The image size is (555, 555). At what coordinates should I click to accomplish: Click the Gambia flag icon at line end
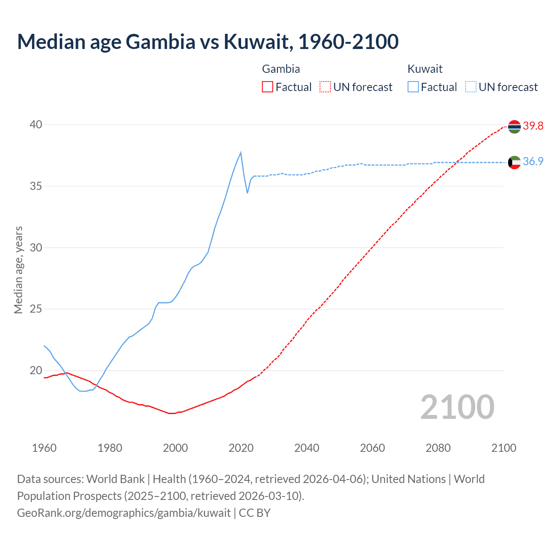[x=514, y=127]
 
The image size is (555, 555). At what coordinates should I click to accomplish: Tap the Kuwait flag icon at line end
[x=514, y=162]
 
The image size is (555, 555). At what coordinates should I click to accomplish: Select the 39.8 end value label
[x=533, y=126]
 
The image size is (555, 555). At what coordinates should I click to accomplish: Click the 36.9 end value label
[x=533, y=162]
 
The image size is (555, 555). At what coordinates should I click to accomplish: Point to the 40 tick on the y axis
[x=36, y=125]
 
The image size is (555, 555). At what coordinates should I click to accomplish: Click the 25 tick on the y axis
[x=36, y=309]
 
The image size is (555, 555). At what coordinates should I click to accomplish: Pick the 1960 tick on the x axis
[x=44, y=448]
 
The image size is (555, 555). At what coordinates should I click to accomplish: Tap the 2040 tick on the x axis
[x=307, y=448]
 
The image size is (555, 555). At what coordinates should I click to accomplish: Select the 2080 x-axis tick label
[x=438, y=448]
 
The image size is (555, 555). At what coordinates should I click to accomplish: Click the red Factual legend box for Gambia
[x=268, y=87]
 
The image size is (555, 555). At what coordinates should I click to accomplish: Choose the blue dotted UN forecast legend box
[x=471, y=87]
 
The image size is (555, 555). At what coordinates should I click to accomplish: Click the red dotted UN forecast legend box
[x=325, y=87]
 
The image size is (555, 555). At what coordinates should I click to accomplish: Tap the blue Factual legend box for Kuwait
[x=413, y=87]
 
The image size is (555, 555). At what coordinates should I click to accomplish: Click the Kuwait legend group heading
[x=425, y=69]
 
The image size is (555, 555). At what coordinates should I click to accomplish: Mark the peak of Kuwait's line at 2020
[x=241, y=153]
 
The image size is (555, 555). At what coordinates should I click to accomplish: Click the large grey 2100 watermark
[x=457, y=407]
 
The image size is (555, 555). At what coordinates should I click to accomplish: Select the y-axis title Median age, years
[x=18, y=270]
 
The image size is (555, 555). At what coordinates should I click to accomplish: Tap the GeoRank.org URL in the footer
[x=124, y=513]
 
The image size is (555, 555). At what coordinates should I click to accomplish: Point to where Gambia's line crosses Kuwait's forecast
[x=457, y=163]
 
